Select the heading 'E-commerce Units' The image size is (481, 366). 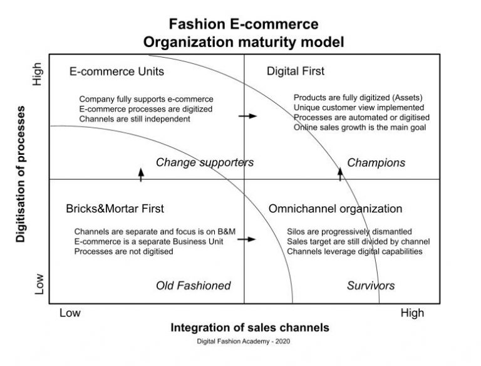(x=116, y=71)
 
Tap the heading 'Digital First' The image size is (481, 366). (x=296, y=71)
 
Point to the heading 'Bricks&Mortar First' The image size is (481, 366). (x=115, y=209)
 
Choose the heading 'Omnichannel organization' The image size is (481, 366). (x=335, y=209)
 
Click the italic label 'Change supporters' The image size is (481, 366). (x=204, y=163)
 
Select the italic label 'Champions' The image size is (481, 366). (x=376, y=163)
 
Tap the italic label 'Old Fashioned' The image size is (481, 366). (x=193, y=286)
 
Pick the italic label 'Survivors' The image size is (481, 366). (x=371, y=286)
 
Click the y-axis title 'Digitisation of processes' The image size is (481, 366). (x=21, y=174)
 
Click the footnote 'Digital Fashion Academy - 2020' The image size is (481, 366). (x=243, y=342)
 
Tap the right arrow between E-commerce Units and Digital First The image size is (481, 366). (x=248, y=116)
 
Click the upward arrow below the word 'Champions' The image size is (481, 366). (x=341, y=173)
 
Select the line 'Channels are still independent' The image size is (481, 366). (x=135, y=118)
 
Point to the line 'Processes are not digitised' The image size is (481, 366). (x=123, y=252)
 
